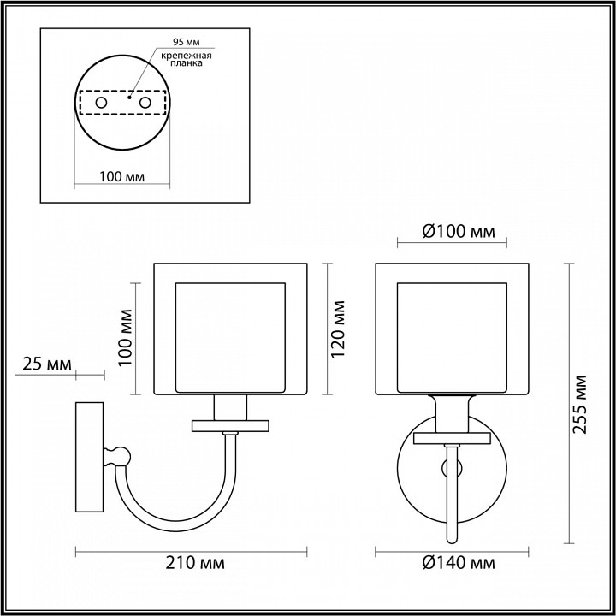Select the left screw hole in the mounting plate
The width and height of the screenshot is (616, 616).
click(101, 103)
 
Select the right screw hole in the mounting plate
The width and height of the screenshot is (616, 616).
click(145, 103)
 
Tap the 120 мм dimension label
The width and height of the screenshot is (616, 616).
click(340, 329)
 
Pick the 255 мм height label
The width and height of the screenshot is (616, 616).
click(581, 404)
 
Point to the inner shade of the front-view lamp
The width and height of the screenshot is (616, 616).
click(453, 336)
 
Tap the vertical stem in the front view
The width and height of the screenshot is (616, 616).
click(453, 496)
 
